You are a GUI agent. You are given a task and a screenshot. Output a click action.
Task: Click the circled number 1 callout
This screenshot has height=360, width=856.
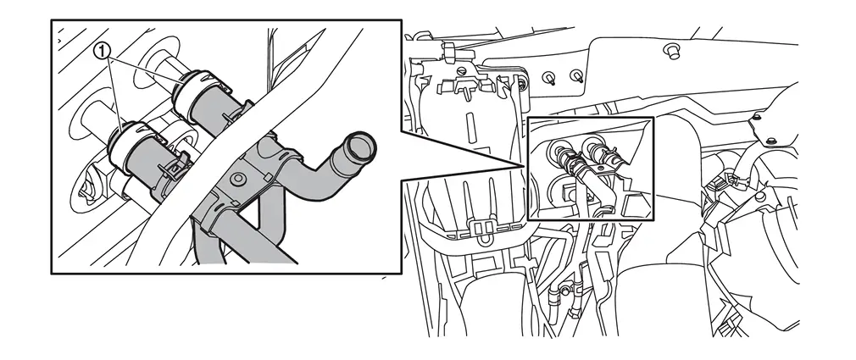103,52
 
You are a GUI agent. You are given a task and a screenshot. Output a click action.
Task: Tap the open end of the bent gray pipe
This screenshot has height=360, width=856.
361,147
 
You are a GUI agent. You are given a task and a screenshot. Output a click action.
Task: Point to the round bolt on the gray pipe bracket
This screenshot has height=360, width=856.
237,179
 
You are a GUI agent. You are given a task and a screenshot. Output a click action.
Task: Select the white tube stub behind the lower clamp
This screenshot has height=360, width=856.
99,116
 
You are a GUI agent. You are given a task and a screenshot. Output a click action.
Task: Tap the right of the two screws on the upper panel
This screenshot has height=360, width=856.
576,76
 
